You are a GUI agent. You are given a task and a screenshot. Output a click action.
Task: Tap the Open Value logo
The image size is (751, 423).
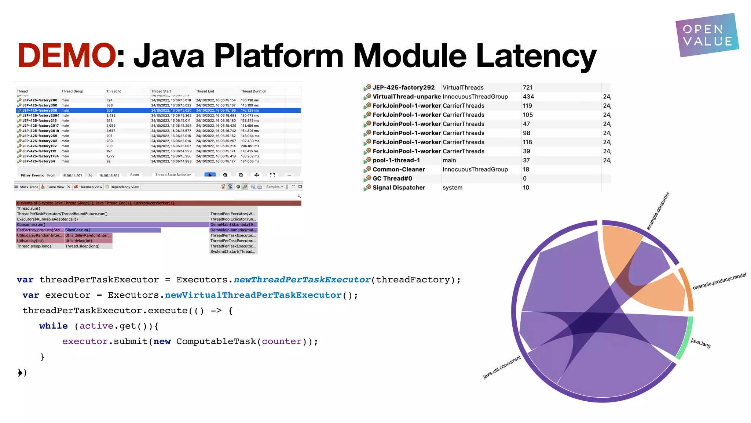tap(707, 35)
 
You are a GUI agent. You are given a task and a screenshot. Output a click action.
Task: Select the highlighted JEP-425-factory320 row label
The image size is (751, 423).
tap(40, 111)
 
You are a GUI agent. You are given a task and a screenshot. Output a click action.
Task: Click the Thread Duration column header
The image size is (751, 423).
tap(253, 91)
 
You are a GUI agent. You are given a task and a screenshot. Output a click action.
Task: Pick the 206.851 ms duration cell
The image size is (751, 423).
tap(250, 146)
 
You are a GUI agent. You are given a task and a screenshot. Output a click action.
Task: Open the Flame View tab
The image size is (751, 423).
tap(55, 187)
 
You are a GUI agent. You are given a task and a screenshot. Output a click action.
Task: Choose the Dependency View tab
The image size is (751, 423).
tap(124, 187)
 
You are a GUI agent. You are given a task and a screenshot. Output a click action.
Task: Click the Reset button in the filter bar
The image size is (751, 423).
tap(135, 175)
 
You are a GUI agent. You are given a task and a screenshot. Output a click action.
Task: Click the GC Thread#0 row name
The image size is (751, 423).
tap(392, 178)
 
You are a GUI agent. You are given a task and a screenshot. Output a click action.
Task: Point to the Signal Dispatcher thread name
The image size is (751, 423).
tap(399, 188)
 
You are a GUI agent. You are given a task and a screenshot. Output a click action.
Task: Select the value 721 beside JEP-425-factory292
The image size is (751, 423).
tap(528, 87)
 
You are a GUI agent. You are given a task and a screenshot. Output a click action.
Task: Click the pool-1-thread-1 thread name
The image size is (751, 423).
tap(396, 160)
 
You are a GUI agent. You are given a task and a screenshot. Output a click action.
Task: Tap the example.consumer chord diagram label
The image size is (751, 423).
tap(658, 211)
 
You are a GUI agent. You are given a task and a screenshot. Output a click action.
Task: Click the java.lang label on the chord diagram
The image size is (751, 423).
tap(700, 343)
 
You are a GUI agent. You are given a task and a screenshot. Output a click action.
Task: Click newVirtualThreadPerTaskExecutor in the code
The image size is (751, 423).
tap(253, 295)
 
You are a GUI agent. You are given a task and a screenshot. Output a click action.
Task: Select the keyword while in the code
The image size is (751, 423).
tap(54, 326)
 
